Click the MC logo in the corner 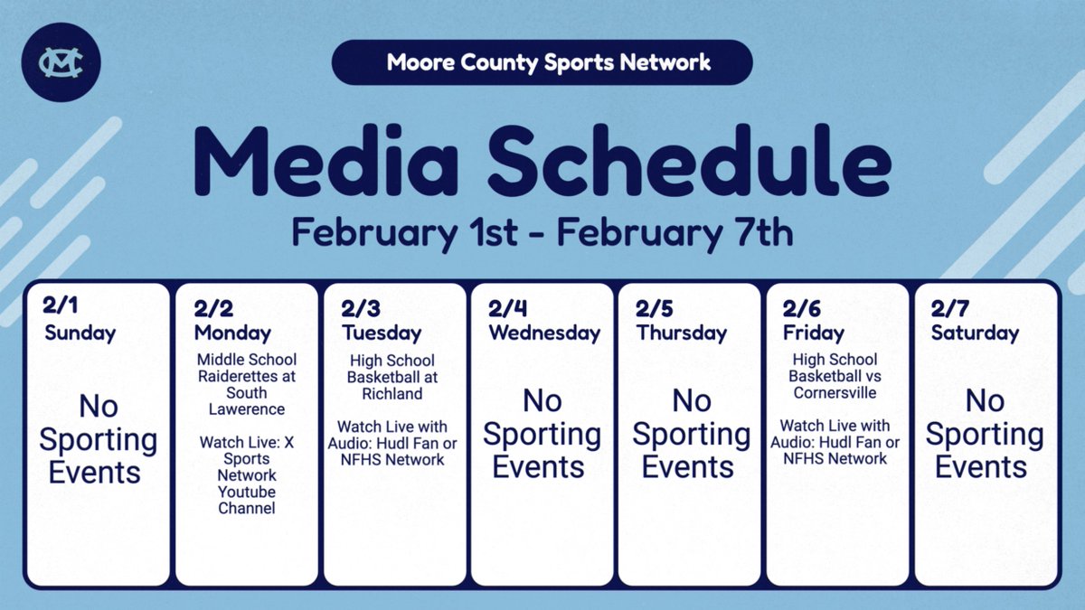62,63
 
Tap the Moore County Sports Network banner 542,62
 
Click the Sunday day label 80,333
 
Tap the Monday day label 232,333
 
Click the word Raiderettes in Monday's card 247,377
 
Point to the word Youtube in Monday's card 247,492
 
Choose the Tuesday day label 382,333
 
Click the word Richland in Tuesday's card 392,394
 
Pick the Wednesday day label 544,333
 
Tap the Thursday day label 682,333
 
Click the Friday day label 814,333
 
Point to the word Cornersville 835,392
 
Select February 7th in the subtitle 675,233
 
